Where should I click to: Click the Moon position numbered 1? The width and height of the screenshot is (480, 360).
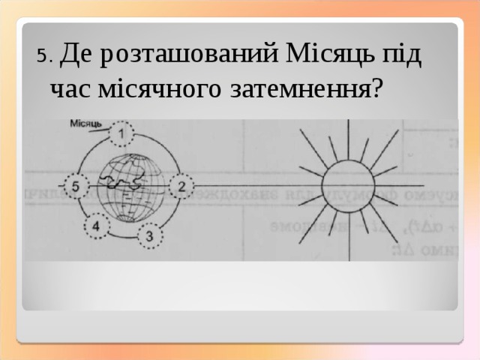122,134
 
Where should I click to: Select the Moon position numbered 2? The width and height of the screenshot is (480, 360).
181,184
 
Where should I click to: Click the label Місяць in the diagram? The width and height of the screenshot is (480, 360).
86,124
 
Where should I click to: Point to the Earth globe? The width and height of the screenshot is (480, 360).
127,186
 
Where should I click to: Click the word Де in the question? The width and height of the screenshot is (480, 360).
76,55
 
